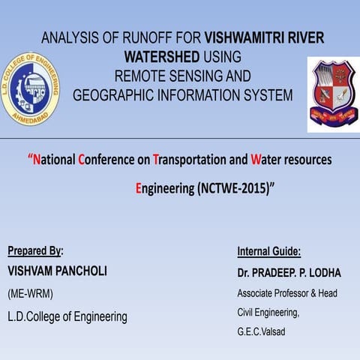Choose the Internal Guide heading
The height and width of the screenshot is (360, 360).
268,251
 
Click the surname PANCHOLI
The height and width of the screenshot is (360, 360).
80,271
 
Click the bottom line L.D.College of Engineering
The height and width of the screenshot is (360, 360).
67,316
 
